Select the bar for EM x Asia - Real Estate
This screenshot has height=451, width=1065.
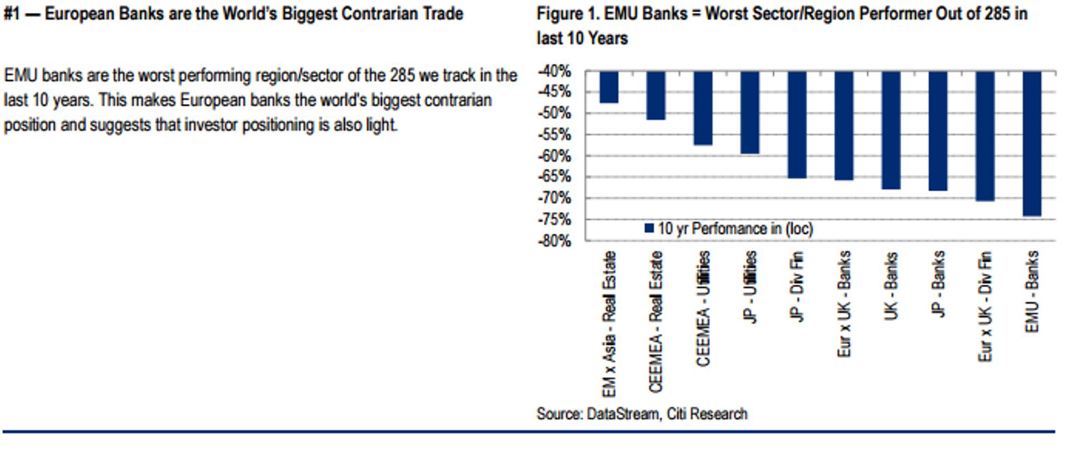[608, 87]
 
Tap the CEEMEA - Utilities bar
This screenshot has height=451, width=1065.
[703, 108]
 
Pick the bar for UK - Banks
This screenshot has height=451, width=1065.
[891, 130]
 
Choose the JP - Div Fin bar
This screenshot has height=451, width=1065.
[797, 125]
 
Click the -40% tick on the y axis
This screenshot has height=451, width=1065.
[554, 72]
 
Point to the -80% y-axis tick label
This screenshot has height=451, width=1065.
[554, 241]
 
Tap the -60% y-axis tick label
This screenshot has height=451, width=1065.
[554, 156]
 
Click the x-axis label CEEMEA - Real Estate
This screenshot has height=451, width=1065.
[656, 322]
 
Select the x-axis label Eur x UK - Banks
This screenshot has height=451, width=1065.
[844, 304]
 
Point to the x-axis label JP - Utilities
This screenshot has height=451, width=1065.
[750, 287]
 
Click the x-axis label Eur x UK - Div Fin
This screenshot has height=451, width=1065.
[985, 306]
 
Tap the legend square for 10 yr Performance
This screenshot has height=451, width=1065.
[649, 229]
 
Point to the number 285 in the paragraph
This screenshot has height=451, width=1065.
[402, 75]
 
